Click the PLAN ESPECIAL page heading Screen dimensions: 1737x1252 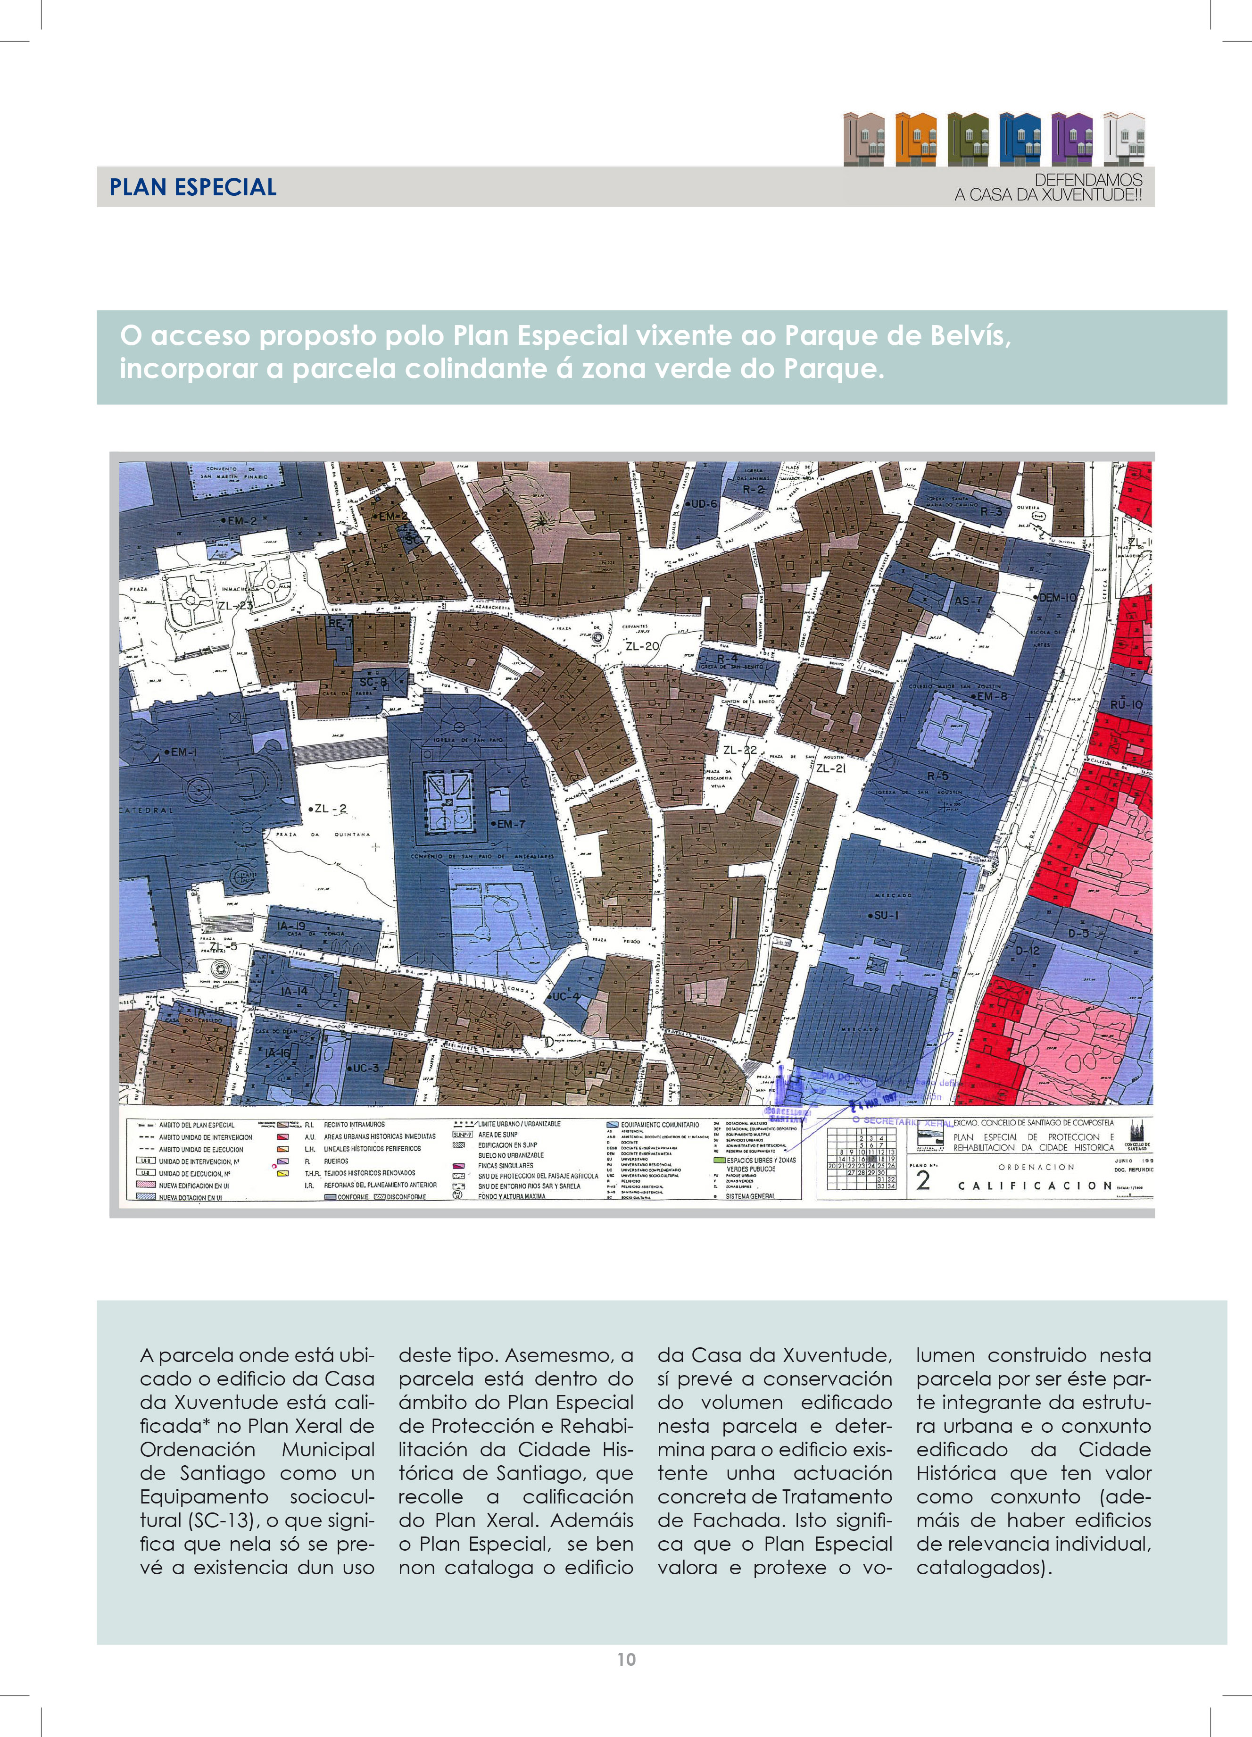(193, 188)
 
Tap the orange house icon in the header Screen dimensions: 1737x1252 (916, 139)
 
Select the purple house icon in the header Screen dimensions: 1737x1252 (1072, 139)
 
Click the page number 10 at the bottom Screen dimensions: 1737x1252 (626, 1659)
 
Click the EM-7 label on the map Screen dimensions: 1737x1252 (511, 824)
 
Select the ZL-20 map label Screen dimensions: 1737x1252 (642, 646)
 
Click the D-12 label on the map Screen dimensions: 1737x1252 (1028, 951)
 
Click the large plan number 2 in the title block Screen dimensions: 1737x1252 (923, 1180)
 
